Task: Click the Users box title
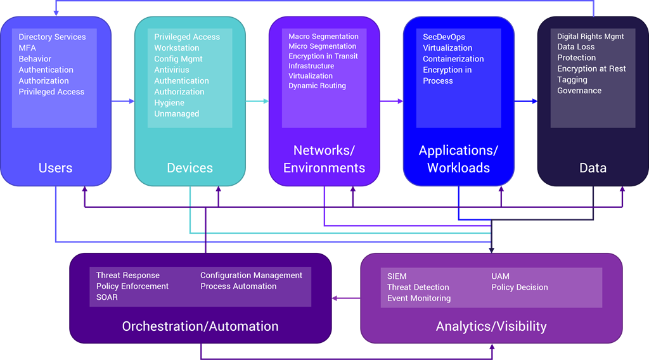(x=55, y=168)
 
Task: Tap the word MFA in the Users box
(x=27, y=48)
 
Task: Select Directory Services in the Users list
(x=52, y=37)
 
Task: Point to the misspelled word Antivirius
(x=172, y=70)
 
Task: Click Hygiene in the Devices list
(x=169, y=103)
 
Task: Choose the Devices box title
(x=190, y=168)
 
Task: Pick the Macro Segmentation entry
(x=323, y=37)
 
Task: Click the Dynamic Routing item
(x=317, y=86)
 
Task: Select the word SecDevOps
(x=444, y=37)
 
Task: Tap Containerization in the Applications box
(x=453, y=59)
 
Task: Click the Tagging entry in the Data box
(x=572, y=80)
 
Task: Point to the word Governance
(x=579, y=91)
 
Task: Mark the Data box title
(x=593, y=168)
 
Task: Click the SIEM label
(x=397, y=276)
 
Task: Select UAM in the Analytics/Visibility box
(x=500, y=276)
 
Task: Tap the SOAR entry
(x=107, y=297)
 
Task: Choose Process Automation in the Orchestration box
(x=238, y=286)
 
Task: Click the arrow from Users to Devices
(x=123, y=101)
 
